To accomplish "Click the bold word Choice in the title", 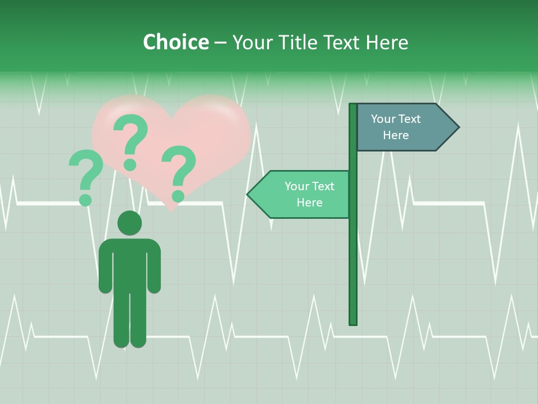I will [x=175, y=42].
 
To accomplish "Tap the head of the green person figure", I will [x=129, y=223].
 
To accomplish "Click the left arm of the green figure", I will [x=105, y=267].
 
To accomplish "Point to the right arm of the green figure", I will [x=154, y=267].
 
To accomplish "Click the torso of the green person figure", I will [x=129, y=264].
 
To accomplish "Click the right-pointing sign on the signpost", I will [x=403, y=127].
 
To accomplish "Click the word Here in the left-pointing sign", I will [x=309, y=203].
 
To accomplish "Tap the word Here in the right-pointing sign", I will [x=396, y=135].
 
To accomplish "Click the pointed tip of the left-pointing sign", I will [x=249, y=195].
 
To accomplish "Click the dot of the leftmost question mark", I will [x=86, y=199].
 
